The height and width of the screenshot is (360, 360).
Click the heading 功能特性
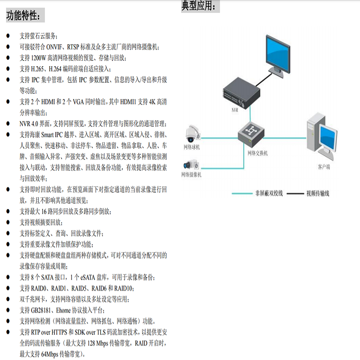25,16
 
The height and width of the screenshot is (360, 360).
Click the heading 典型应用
201,6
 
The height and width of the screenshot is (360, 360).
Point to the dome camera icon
192,133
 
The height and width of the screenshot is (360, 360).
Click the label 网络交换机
257,153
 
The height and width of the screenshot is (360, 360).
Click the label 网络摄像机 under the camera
191,174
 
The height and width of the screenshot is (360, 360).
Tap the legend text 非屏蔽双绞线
268,193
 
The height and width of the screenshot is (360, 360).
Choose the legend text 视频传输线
318,193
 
